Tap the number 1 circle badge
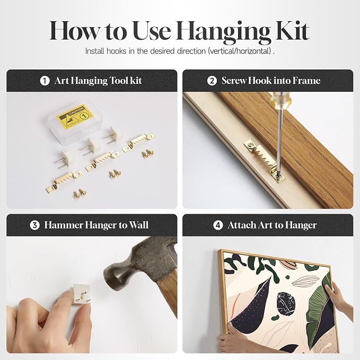[45, 81]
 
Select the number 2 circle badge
[212, 81]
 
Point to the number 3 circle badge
[34, 225]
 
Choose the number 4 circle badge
[218, 225]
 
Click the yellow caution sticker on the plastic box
[75, 116]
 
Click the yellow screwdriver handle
[277, 99]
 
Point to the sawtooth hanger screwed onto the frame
[265, 160]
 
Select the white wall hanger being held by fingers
[81, 294]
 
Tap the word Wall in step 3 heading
[139, 225]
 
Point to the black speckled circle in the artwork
[286, 304]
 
